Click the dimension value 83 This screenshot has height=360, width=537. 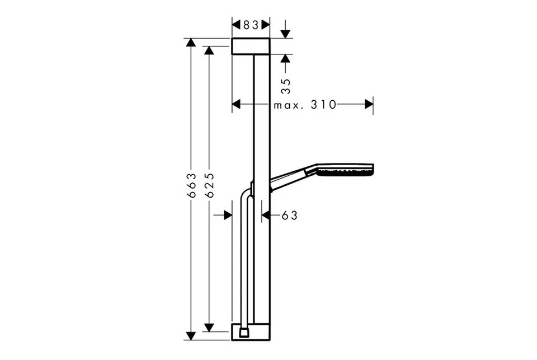251,25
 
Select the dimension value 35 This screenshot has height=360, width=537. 286,86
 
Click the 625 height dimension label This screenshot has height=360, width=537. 209,185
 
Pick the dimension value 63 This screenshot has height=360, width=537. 290,216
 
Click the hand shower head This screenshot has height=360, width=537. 345,170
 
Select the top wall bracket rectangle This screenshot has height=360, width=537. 251,46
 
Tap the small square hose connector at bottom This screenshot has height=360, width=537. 244,332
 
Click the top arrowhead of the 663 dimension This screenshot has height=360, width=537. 190,43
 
